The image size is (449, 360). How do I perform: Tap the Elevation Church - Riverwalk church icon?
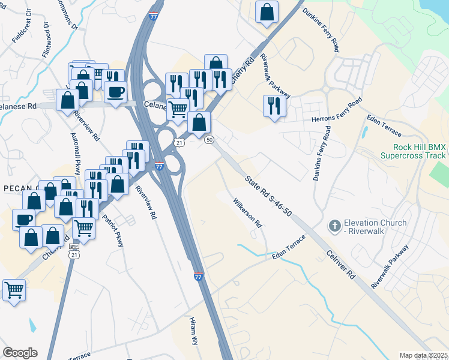click(334, 227)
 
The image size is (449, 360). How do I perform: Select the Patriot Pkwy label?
click(113, 227)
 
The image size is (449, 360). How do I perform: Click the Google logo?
click(20, 353)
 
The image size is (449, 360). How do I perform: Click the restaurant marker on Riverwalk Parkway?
click(274, 106)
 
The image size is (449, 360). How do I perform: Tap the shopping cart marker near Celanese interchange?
click(178, 110)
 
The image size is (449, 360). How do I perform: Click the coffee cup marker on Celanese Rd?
click(115, 92)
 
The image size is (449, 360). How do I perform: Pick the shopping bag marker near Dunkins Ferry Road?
click(267, 11)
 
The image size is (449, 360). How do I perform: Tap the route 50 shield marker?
click(209, 140)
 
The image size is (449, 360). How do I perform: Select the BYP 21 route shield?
click(74, 251)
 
